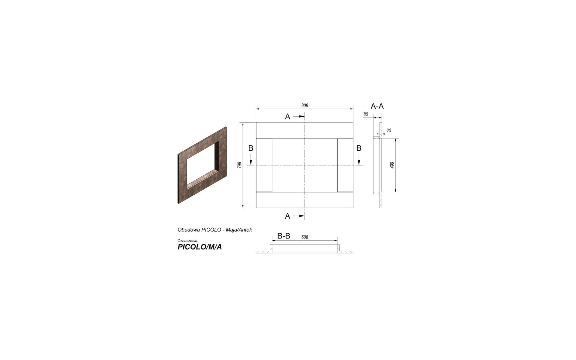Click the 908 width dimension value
click(304, 106)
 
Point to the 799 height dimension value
click(239, 165)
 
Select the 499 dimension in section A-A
click(392, 165)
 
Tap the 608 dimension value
click(304, 237)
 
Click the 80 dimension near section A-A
click(365, 114)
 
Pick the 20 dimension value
click(389, 130)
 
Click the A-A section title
click(377, 106)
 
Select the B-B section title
click(283, 236)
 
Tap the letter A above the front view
click(287, 117)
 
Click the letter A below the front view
click(287, 216)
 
